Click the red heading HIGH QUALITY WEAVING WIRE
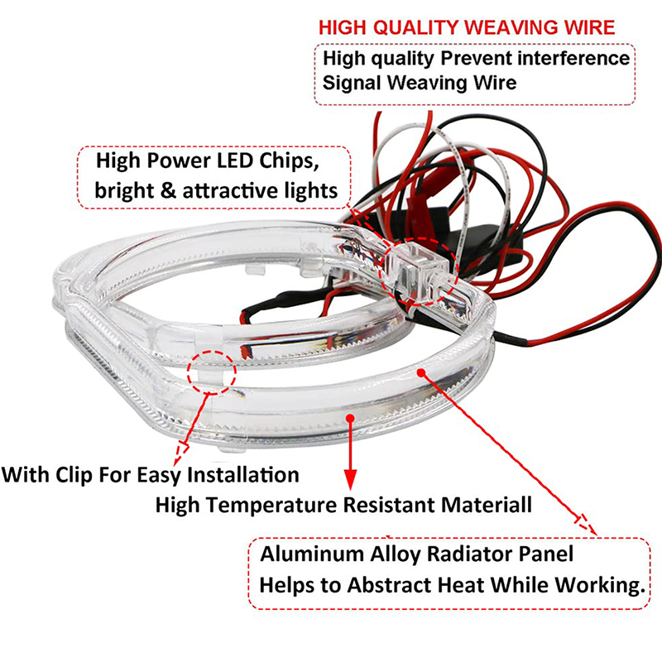point(467,27)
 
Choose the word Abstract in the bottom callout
point(383,585)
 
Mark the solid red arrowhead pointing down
point(351,479)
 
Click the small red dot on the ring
point(420,372)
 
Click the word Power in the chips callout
point(182,159)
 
